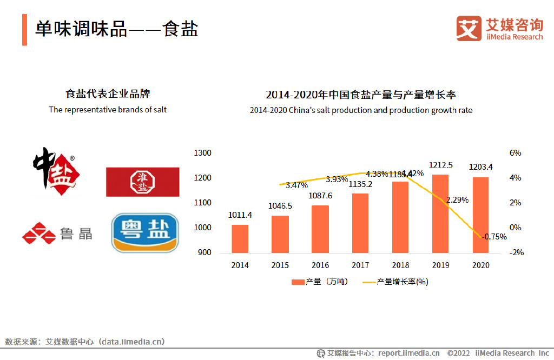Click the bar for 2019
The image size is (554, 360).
(440, 214)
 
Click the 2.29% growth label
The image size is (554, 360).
(457, 200)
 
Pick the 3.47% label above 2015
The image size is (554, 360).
(296, 185)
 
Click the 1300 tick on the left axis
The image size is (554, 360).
(202, 153)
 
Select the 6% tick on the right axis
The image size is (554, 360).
(515, 153)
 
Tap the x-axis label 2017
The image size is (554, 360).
(360, 265)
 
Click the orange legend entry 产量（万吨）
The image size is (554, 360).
(320, 282)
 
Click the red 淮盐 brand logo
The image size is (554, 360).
(142, 182)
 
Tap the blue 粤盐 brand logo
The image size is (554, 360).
(144, 232)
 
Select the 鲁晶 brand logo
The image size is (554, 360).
(57, 234)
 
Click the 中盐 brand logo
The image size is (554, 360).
(56, 174)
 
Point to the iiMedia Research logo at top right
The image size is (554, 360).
(499, 29)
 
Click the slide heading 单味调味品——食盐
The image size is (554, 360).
(117, 29)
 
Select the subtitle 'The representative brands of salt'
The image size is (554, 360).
(108, 110)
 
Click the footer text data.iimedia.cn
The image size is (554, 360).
(131, 342)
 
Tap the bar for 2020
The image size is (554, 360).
(480, 215)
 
